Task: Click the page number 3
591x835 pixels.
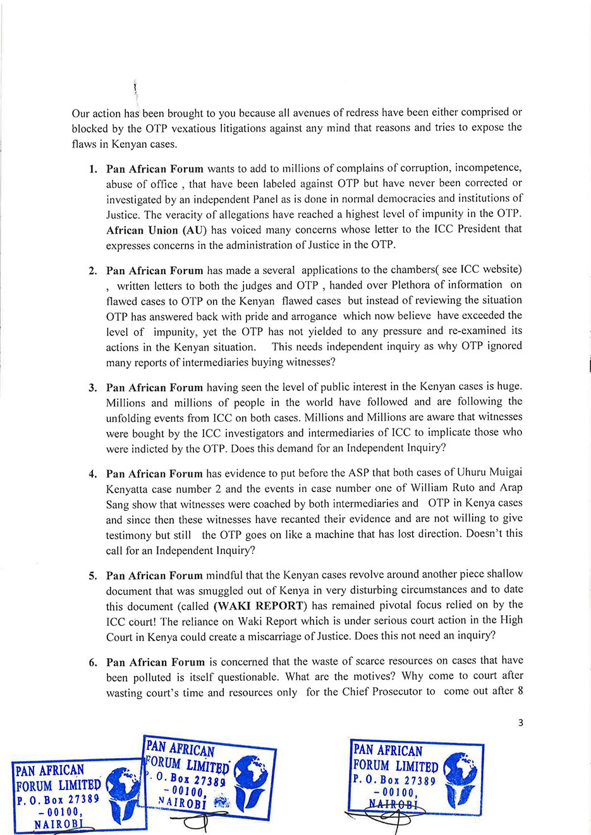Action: tap(520, 723)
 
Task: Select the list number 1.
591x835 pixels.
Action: tap(93, 169)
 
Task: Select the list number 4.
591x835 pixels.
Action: tap(93, 474)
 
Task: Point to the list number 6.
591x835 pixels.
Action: tap(93, 663)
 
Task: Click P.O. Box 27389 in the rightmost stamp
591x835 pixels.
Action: tap(394, 780)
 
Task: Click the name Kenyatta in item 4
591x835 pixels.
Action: tap(131, 489)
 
